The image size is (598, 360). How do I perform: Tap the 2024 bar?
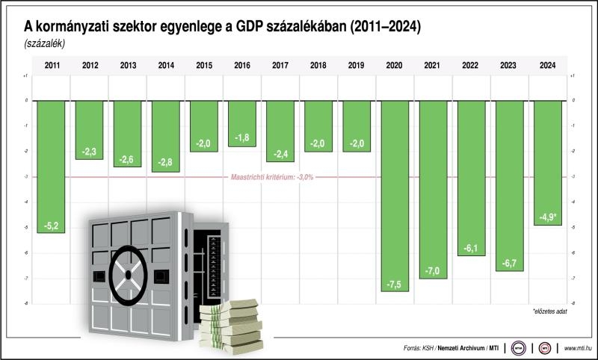click(x=548, y=161)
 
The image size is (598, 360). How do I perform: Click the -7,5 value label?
click(x=395, y=283)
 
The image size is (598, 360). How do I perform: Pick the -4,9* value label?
click(x=548, y=217)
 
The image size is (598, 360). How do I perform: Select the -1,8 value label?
click(x=241, y=138)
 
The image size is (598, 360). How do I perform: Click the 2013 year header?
click(x=129, y=66)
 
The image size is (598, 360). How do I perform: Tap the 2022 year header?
click(x=471, y=66)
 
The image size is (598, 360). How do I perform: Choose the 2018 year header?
click(x=318, y=66)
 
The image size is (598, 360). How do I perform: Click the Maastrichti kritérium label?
click(x=271, y=177)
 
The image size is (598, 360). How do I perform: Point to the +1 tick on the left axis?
click(x=26, y=75)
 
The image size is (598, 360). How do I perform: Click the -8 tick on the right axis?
click(x=572, y=304)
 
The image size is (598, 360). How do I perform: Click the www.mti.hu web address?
click(x=578, y=348)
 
